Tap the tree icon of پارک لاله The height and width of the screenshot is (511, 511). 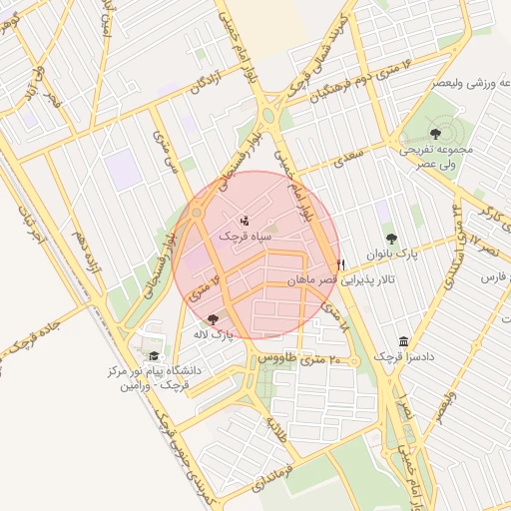point(213,318)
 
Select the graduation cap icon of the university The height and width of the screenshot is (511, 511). point(154,356)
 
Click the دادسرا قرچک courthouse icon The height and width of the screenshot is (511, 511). point(403,341)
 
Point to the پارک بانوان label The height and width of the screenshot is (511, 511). point(389,255)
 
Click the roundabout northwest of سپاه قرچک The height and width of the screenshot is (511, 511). point(198,213)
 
